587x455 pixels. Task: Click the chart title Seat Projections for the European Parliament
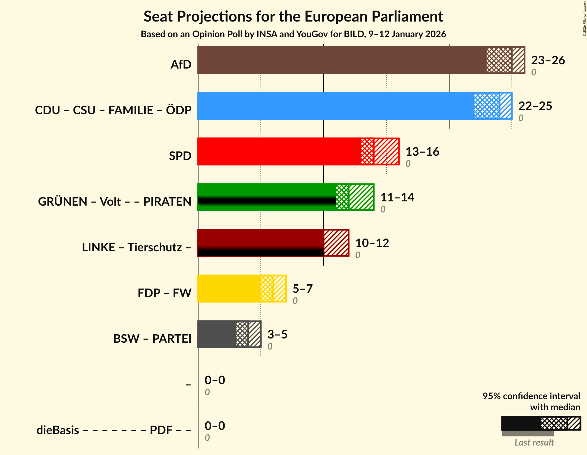click(293, 17)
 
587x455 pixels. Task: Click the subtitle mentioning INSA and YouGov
click(293, 34)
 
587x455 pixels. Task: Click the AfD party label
click(181, 65)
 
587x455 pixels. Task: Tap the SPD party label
click(180, 156)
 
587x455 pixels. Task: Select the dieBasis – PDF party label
click(114, 430)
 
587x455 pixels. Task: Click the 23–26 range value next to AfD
click(548, 60)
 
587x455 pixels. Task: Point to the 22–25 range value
click(535, 106)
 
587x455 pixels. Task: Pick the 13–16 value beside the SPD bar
click(422, 152)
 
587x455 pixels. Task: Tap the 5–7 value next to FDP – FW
click(303, 289)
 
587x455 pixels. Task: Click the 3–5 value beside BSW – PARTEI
click(278, 335)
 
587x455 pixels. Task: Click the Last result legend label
click(534, 443)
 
